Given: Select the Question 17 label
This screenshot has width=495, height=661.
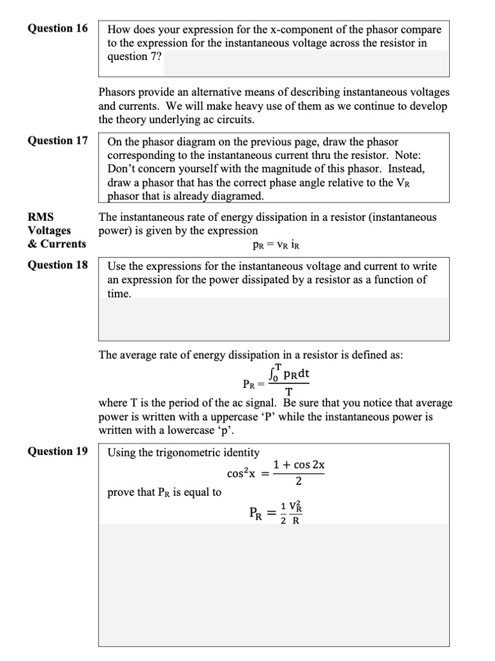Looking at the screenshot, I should tap(57, 140).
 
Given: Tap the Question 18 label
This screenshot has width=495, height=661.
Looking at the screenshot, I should tap(57, 265).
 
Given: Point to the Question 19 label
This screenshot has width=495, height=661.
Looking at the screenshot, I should tap(57, 451).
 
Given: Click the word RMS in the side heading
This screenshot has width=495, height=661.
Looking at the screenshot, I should tap(41, 217).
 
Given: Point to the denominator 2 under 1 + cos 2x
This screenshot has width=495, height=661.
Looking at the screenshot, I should tap(298, 481).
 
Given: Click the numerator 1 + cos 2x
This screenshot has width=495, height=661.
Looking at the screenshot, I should tap(298, 465).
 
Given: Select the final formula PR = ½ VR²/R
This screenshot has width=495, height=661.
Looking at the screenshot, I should tap(275, 514).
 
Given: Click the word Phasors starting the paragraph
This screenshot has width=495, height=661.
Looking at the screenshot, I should tap(118, 92).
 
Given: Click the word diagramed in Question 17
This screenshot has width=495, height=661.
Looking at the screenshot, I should tap(237, 196).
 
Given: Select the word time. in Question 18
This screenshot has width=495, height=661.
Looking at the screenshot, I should tap(120, 294).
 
